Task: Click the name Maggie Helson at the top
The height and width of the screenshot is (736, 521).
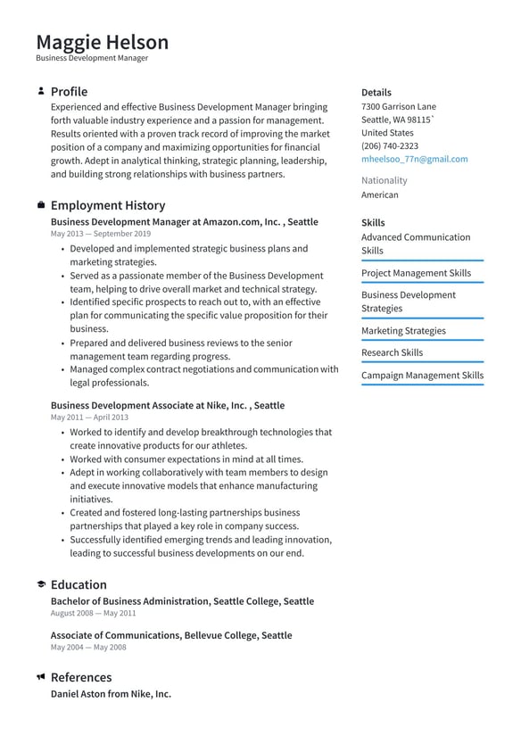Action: coord(102,42)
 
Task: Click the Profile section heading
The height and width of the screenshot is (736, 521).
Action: coord(69,92)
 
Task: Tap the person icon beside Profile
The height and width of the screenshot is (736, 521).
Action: coord(41,91)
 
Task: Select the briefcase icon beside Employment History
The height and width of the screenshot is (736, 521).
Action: coord(41,205)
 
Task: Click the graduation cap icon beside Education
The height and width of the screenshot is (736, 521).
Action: coord(41,584)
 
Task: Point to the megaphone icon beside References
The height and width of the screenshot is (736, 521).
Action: coord(41,677)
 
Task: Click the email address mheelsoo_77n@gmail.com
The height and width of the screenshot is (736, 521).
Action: coord(414,159)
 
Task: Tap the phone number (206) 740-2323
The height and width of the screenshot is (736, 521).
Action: coord(389,145)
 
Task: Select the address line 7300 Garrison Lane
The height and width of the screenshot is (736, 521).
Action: coord(399,106)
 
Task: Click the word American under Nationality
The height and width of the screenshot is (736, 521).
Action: coord(380,194)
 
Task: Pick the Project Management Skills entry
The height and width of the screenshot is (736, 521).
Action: coord(416,273)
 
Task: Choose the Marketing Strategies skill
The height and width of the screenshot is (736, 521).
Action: coord(403,331)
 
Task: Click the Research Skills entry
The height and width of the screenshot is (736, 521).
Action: coord(392,352)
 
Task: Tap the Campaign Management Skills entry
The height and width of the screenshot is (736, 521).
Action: coord(422,376)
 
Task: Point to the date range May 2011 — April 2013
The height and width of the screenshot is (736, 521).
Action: coord(89,417)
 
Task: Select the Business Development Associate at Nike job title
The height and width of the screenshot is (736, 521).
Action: coord(168,405)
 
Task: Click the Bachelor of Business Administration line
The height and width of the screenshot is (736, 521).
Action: coord(182,601)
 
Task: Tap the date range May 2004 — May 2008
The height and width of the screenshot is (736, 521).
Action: coord(88,647)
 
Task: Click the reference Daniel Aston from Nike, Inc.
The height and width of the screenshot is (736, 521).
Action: coord(111,693)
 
